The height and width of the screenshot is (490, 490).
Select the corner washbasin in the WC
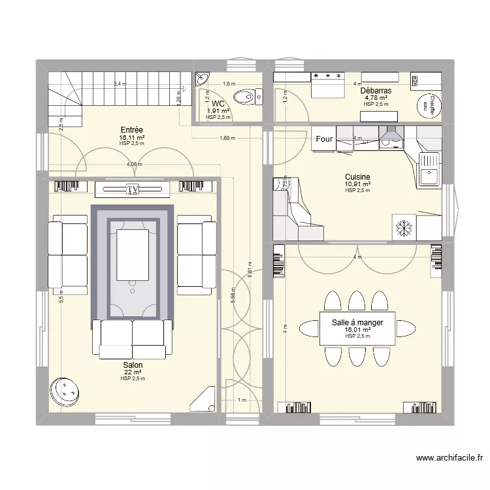tap(201, 79)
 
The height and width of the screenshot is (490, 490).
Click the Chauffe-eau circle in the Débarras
tap(428, 106)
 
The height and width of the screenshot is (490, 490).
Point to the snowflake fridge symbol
tap(403, 227)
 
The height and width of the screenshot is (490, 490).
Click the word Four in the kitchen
tap(324, 139)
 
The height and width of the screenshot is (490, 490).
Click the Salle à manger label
tap(357, 323)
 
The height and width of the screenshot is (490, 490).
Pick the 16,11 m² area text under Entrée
tap(131, 139)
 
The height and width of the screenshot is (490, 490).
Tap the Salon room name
tap(133, 365)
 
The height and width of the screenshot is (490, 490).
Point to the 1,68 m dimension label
tap(227, 138)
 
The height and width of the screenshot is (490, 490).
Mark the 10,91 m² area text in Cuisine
tap(357, 185)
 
